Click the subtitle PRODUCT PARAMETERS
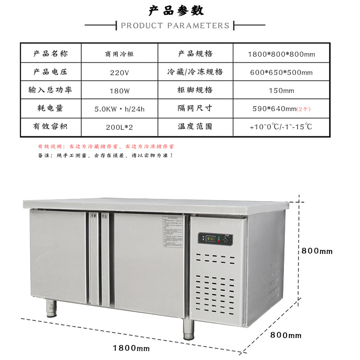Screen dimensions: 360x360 tap(175, 26)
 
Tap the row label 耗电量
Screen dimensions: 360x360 tap(50, 108)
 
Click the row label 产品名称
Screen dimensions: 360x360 tap(50, 54)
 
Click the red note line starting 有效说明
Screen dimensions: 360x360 tap(106, 147)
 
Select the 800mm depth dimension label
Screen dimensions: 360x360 tap(286, 336)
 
